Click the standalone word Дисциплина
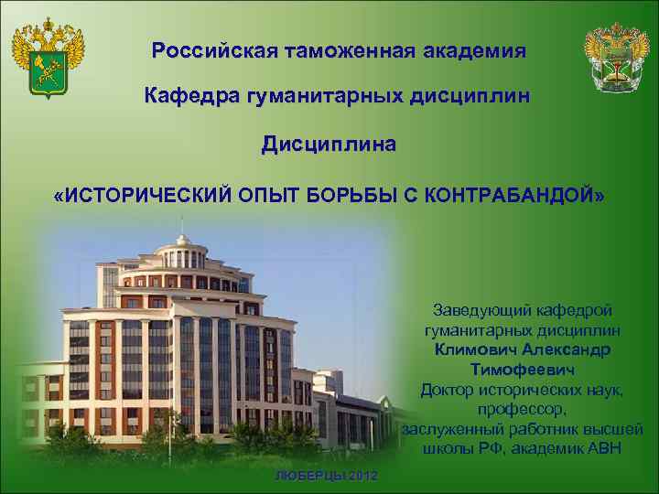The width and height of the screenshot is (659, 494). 329,145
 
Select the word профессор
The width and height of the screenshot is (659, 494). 520,409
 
